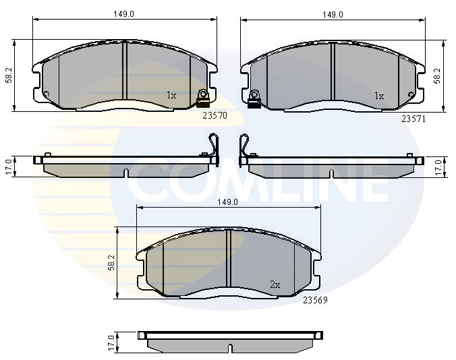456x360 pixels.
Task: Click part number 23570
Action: coord(215,116)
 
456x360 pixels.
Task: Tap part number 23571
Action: coord(414,119)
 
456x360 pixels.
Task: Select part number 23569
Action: coord(315,300)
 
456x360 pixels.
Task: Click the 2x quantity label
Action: coord(275,284)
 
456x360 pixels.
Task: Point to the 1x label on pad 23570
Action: coord(171,95)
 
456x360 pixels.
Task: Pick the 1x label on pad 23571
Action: coord(379,96)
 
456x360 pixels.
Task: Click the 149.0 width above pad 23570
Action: coord(123,14)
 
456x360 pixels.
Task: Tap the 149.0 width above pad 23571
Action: coord(333,14)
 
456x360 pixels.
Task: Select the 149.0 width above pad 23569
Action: coord(228,202)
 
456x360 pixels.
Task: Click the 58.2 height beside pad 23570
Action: coord(9,76)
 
